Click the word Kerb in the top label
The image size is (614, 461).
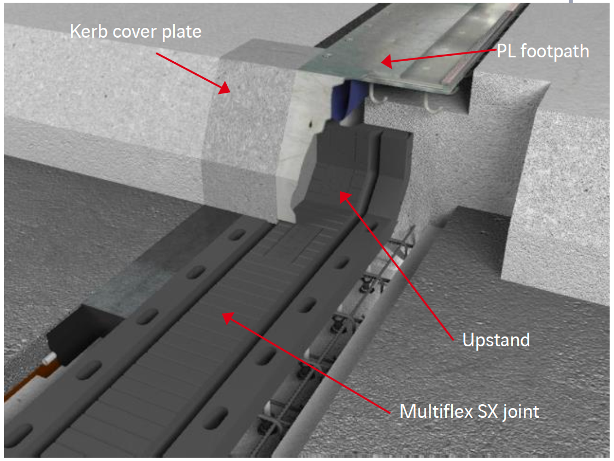coord(88,31)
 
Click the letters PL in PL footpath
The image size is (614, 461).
coord(506,51)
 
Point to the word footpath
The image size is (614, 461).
coord(554,52)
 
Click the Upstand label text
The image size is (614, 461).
coord(496,340)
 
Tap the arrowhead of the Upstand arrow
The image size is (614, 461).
coord(344,197)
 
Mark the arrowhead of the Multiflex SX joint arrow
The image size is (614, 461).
coord(228,318)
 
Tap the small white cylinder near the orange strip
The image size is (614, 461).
coord(49,357)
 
